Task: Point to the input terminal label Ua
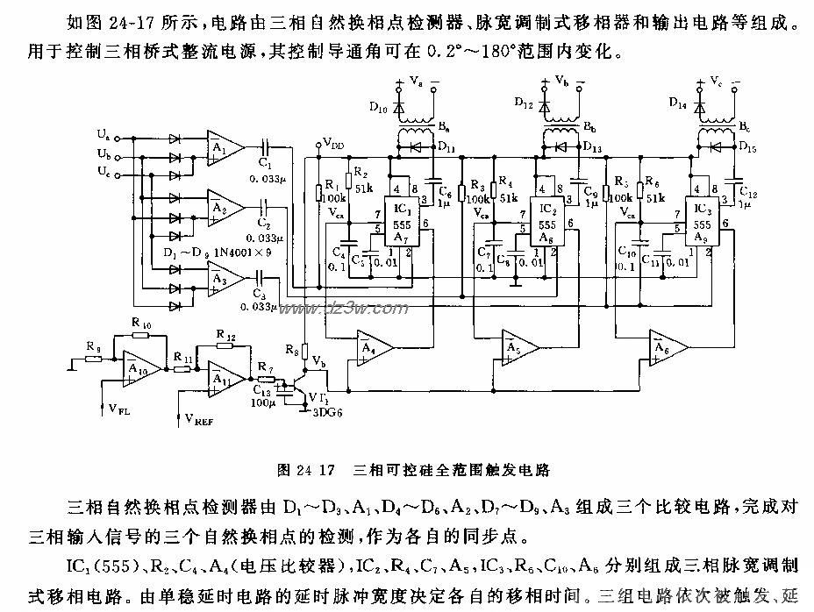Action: [x=104, y=135]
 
